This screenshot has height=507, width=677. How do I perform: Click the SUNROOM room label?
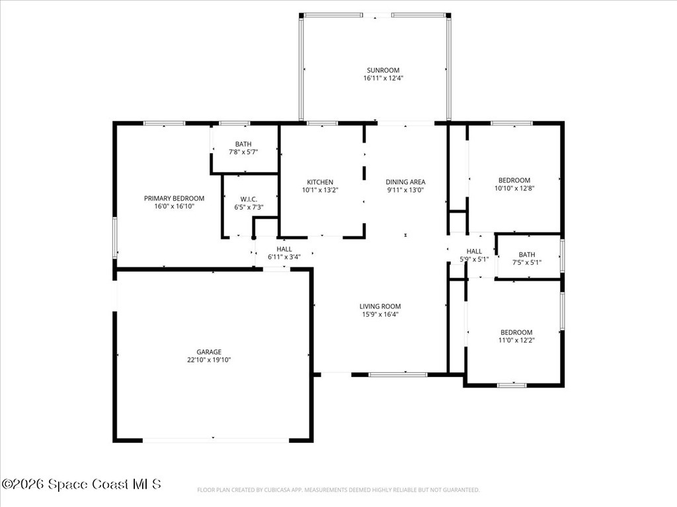(383, 70)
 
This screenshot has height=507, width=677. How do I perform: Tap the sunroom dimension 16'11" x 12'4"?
(383, 78)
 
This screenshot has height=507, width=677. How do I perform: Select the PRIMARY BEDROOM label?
(174, 198)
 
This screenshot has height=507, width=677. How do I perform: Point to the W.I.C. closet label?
(249, 199)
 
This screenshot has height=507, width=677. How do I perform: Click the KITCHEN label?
(320, 182)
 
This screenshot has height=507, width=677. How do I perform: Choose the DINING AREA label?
(405, 182)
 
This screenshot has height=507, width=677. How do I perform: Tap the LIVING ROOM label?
(380, 306)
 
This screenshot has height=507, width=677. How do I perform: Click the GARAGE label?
(209, 352)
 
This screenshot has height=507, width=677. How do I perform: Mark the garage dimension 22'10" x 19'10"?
(209, 360)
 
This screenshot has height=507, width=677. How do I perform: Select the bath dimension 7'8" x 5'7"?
(243, 152)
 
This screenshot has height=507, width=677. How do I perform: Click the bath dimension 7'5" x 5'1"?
(527, 262)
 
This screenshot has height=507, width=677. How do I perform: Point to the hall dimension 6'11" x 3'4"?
(284, 257)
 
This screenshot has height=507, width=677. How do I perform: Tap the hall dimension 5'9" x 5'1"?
(474, 259)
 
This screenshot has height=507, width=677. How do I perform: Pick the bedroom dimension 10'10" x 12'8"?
(514, 188)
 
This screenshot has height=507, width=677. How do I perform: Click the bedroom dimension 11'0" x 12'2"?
(516, 340)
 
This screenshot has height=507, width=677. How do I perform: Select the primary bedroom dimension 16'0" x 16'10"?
(174, 206)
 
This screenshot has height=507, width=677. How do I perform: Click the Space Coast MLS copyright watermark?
(81, 484)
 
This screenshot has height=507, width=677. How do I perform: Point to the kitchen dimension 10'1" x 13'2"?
(320, 189)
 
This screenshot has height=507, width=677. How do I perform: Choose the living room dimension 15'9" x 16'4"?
(380, 314)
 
